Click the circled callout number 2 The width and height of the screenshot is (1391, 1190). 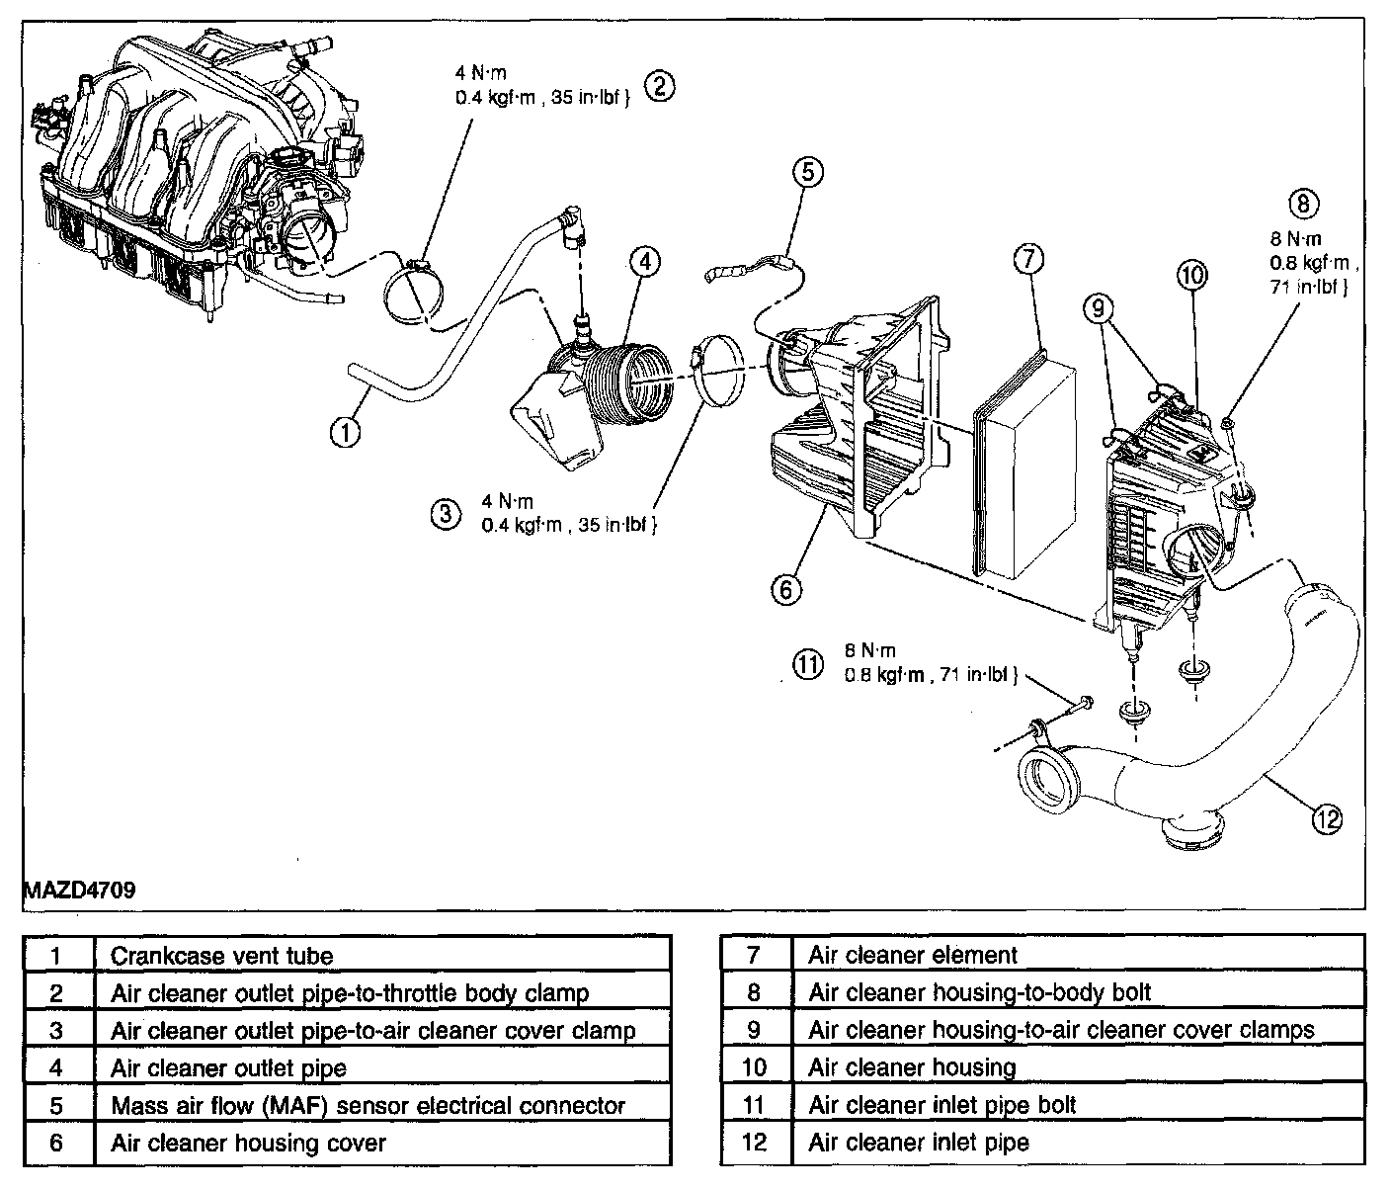(x=660, y=86)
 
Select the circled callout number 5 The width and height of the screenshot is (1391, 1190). (x=807, y=172)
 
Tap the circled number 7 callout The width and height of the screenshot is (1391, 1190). (x=1027, y=260)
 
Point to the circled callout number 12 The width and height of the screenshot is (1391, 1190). (x=1327, y=817)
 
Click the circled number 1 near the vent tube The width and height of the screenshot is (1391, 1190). (x=344, y=433)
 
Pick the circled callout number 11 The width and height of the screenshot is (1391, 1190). (x=808, y=663)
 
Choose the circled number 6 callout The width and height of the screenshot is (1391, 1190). (x=785, y=589)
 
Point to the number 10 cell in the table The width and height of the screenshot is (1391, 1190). (x=755, y=1067)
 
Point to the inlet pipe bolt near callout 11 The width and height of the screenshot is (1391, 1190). (x=1084, y=704)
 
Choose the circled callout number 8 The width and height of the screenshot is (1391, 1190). (x=1303, y=204)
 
